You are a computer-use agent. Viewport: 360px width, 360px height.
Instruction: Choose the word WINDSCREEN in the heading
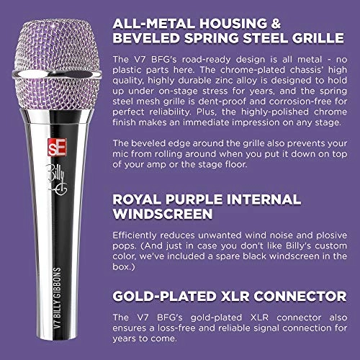[161, 215]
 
